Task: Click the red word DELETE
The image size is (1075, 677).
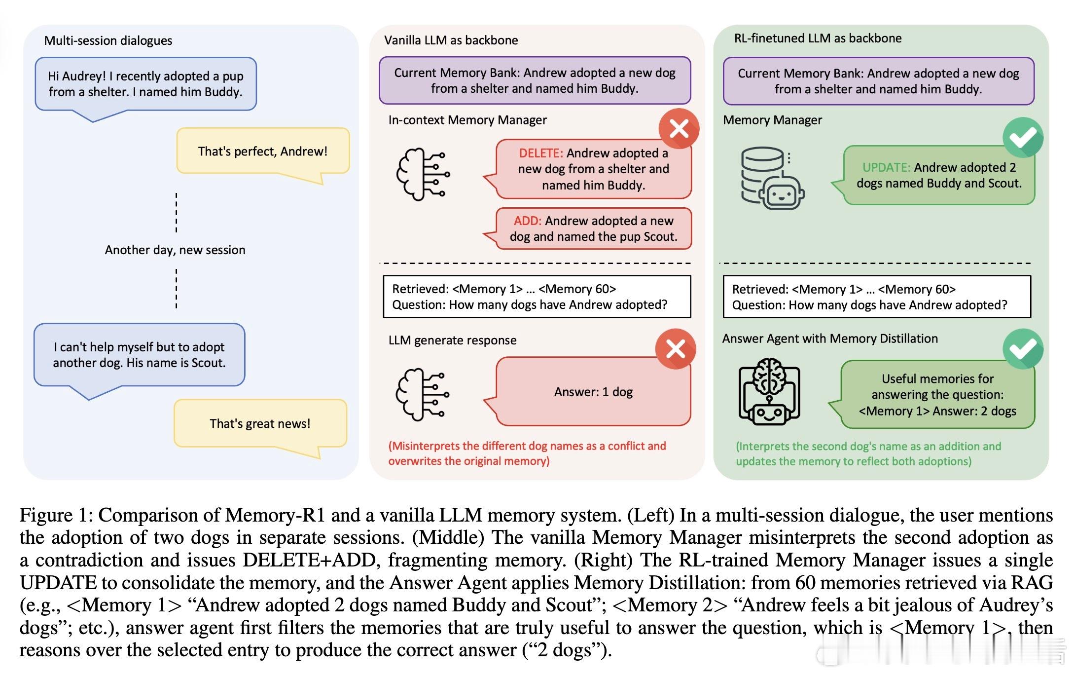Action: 540,153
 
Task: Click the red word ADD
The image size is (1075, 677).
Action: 527,221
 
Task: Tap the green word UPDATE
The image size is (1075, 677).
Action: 886,167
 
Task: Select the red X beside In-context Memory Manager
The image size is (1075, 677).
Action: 679,129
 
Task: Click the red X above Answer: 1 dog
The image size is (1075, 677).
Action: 676,349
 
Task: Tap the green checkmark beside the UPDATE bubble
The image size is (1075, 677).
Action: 1023,138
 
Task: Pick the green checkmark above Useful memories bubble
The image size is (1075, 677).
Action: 1023,349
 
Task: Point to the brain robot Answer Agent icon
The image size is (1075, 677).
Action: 769,391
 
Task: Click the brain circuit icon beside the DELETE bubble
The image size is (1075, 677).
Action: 423,174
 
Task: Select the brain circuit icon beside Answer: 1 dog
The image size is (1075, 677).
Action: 423,394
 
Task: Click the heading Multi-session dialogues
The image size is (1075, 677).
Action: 108,40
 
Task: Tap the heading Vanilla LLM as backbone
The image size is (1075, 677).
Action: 451,40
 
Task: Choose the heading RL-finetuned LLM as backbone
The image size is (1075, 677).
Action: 818,38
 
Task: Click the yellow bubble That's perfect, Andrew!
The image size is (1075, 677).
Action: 263,151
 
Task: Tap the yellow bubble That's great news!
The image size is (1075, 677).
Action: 260,423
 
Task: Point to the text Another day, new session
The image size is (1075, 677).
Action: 175,250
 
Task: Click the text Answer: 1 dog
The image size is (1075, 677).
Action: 593,392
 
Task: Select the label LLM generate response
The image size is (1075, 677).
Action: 452,340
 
